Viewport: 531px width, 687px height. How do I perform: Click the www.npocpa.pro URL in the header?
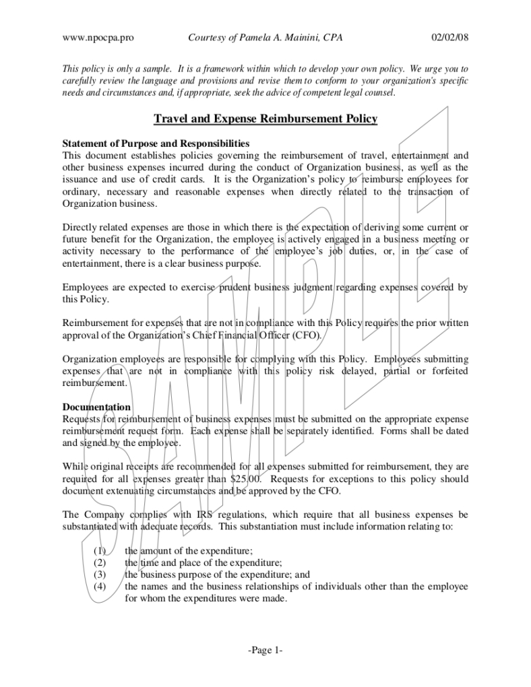point(98,38)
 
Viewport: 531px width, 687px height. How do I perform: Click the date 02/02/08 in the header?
point(449,38)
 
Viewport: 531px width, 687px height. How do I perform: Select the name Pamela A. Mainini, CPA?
point(296,38)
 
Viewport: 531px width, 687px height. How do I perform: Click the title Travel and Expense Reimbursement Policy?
point(265,119)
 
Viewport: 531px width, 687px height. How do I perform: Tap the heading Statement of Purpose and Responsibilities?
point(156,143)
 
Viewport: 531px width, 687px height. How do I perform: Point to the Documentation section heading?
point(96,407)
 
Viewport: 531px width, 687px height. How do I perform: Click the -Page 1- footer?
point(265,650)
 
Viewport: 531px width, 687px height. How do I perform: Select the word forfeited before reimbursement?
point(445,371)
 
